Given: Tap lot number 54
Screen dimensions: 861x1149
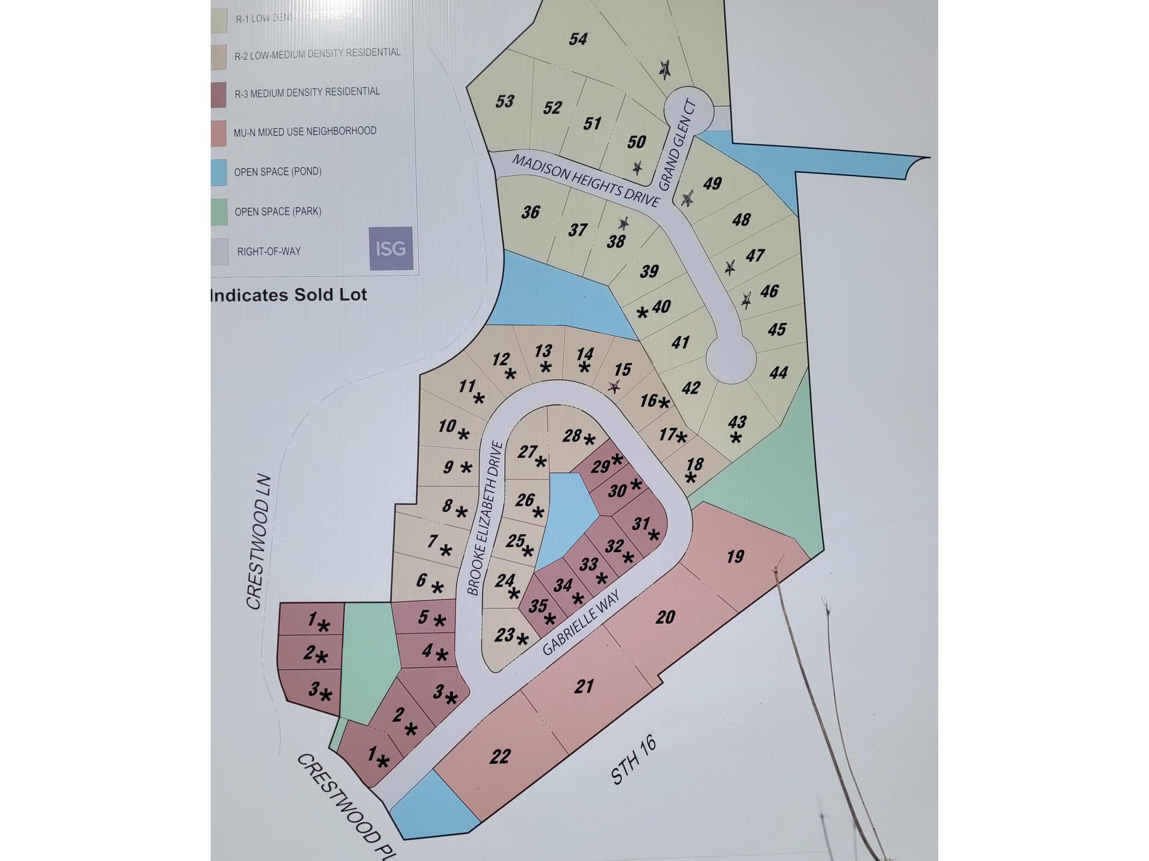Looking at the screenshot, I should [578, 39].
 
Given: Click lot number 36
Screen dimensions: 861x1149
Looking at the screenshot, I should [531, 212].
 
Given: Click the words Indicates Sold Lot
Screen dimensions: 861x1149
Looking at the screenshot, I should [289, 295].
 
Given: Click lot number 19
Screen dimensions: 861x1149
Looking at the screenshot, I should [735, 557].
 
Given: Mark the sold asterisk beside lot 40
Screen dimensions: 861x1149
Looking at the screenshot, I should [643, 313].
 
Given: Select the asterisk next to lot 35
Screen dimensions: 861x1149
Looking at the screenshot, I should [550, 619].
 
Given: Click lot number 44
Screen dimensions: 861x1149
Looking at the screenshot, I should [778, 373].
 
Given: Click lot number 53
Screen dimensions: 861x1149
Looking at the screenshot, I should [504, 101].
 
